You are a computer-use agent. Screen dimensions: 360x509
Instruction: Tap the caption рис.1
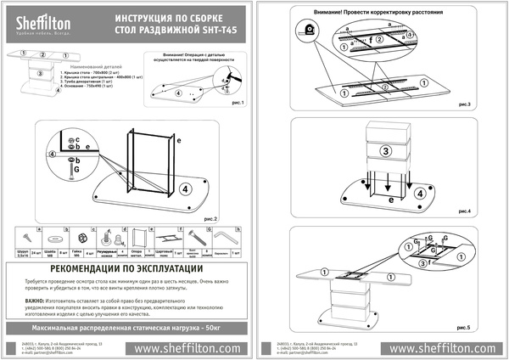pyautogui.click(x=236, y=103)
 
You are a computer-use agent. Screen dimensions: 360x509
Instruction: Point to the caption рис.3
pyautogui.click(x=461, y=102)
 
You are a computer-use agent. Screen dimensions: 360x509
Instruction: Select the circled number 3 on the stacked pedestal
pyautogui.click(x=384, y=151)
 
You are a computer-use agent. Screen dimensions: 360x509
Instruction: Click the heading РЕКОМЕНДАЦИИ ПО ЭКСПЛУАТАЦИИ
pyautogui.click(x=127, y=268)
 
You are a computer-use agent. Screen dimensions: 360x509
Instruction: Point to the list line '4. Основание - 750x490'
pyautogui.click(x=93, y=88)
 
